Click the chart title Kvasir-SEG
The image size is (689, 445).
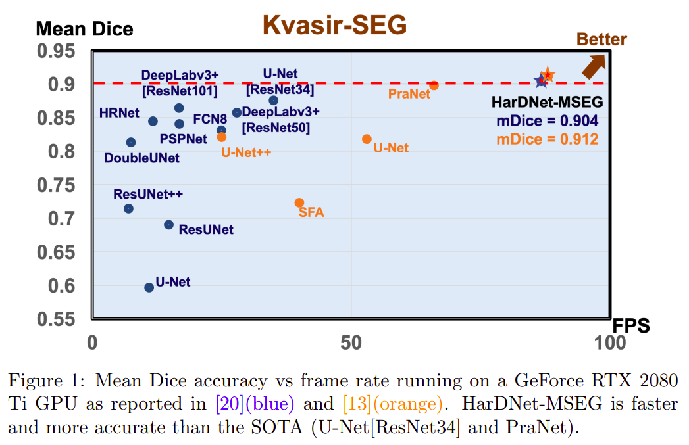point(334,24)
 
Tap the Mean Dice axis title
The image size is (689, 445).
point(84,29)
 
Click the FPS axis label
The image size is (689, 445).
point(630,325)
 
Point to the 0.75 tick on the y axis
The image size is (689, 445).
point(63,185)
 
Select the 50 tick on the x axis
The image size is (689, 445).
point(351,342)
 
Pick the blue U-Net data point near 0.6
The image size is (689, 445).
point(149,287)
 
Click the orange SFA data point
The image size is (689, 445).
point(299,203)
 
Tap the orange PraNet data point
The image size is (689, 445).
point(434,85)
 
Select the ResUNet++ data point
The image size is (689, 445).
point(128,208)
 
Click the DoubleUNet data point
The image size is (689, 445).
point(131,142)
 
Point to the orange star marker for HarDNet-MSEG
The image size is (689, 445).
point(547,76)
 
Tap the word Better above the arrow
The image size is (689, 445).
point(601,39)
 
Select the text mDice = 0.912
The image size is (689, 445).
point(547,139)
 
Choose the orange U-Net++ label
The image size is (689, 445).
point(246,152)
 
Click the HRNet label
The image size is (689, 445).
point(119,112)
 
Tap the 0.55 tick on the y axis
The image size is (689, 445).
point(63,320)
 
